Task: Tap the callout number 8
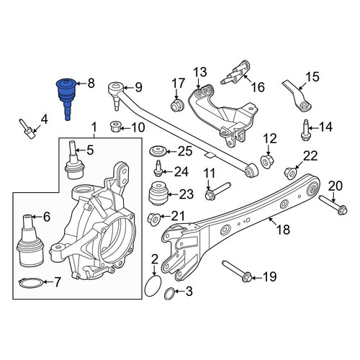click(91, 84)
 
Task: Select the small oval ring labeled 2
click(153, 286)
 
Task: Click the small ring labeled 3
click(170, 293)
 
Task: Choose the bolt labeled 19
click(238, 271)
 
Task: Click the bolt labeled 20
click(333, 205)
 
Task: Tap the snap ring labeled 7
click(31, 282)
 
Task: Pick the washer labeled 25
click(157, 152)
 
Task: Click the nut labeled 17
click(177, 105)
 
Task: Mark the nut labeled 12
click(267, 161)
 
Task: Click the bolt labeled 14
click(305, 130)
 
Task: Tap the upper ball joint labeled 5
click(74, 161)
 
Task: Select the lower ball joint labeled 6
click(30, 240)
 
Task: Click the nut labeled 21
click(153, 219)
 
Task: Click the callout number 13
click(200, 72)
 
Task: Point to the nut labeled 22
click(291, 173)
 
